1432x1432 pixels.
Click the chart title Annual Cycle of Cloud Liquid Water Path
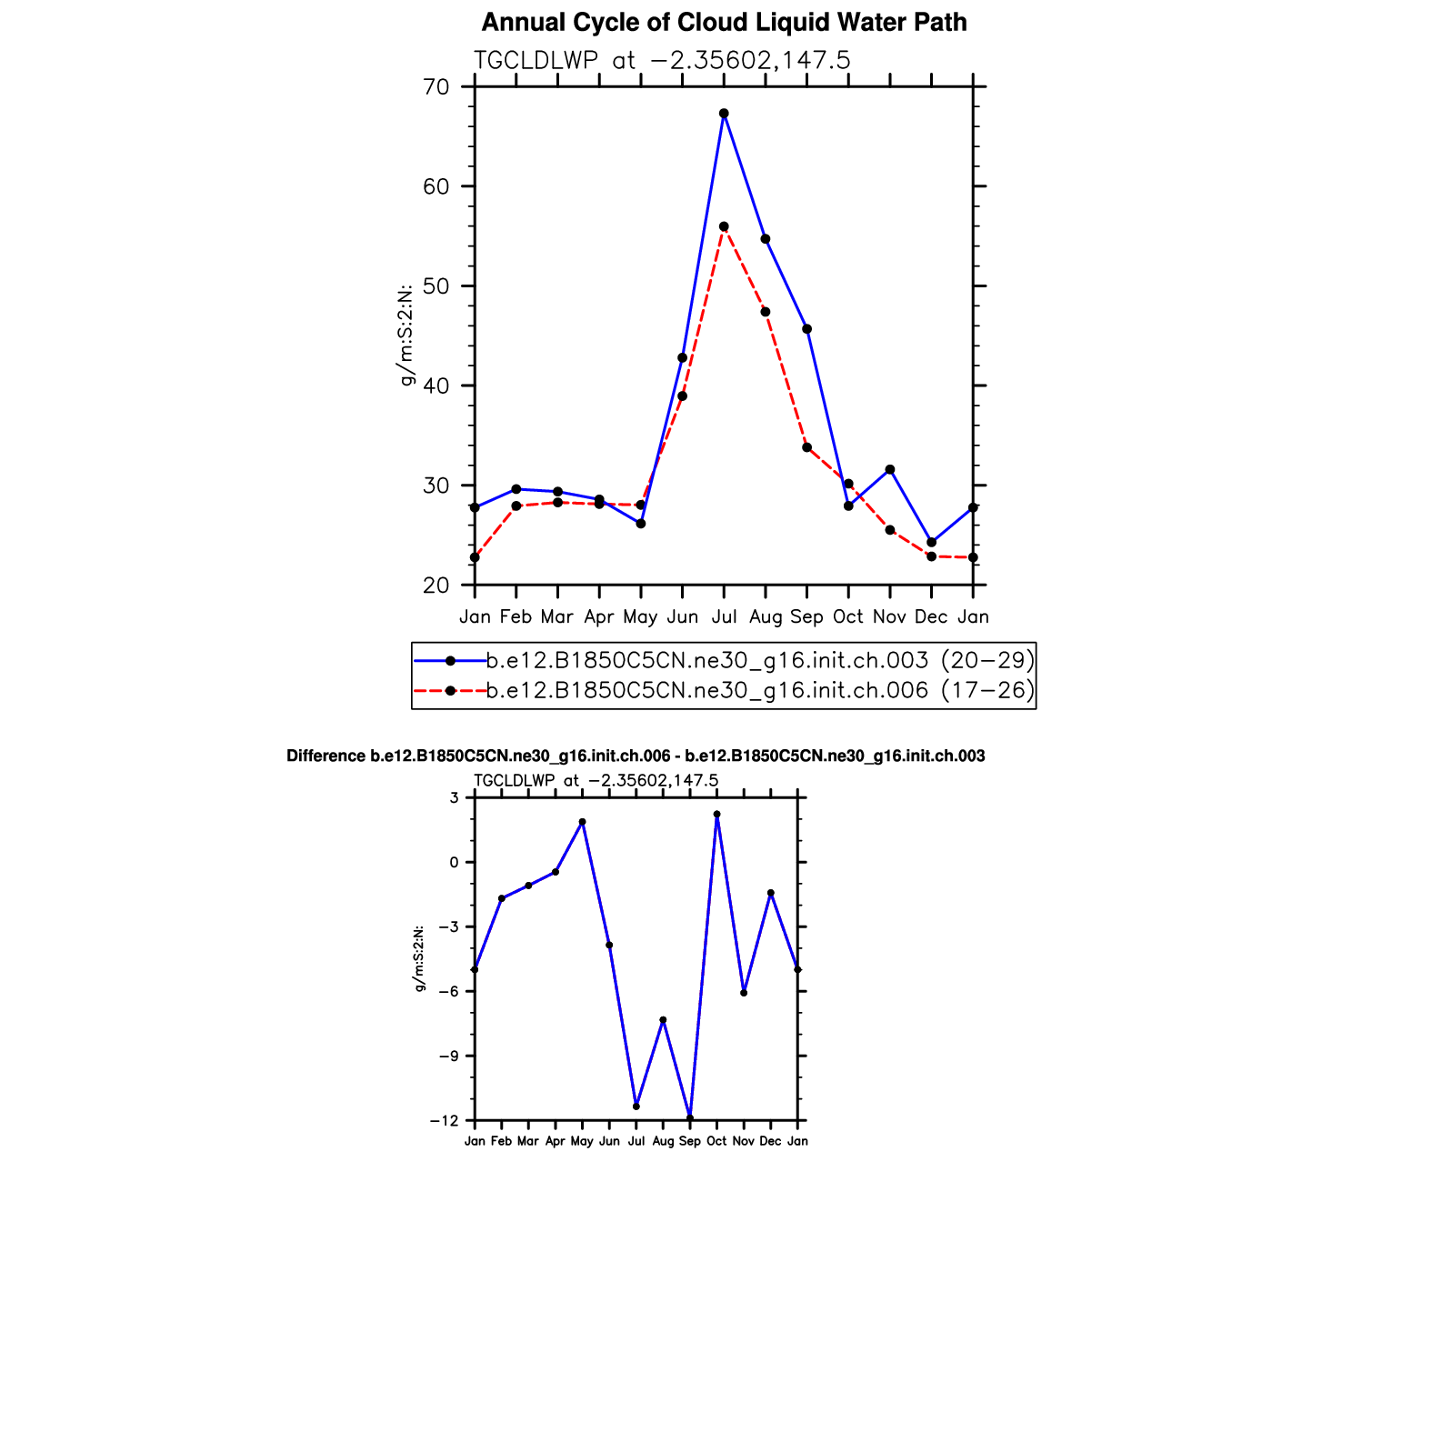tap(724, 23)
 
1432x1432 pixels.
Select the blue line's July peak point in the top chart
tap(724, 114)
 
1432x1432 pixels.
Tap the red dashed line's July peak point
tap(724, 226)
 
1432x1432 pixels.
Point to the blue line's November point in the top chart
tap(890, 469)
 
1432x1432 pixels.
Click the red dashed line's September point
tap(806, 447)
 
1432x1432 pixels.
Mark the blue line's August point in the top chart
tap(766, 239)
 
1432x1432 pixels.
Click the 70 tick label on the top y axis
tap(436, 87)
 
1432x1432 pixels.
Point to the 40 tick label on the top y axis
tap(436, 386)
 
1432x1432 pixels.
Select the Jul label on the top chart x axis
tap(724, 617)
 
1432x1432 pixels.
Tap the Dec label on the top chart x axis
tap(931, 617)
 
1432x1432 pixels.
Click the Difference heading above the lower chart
tap(636, 756)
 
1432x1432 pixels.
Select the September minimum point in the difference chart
tap(690, 1117)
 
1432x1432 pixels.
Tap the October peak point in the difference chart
tap(716, 815)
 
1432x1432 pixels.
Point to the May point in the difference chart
tap(583, 822)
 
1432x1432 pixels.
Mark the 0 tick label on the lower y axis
tap(455, 862)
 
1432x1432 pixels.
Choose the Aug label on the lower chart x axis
tap(663, 1141)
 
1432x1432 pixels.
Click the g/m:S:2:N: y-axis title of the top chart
tap(406, 335)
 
